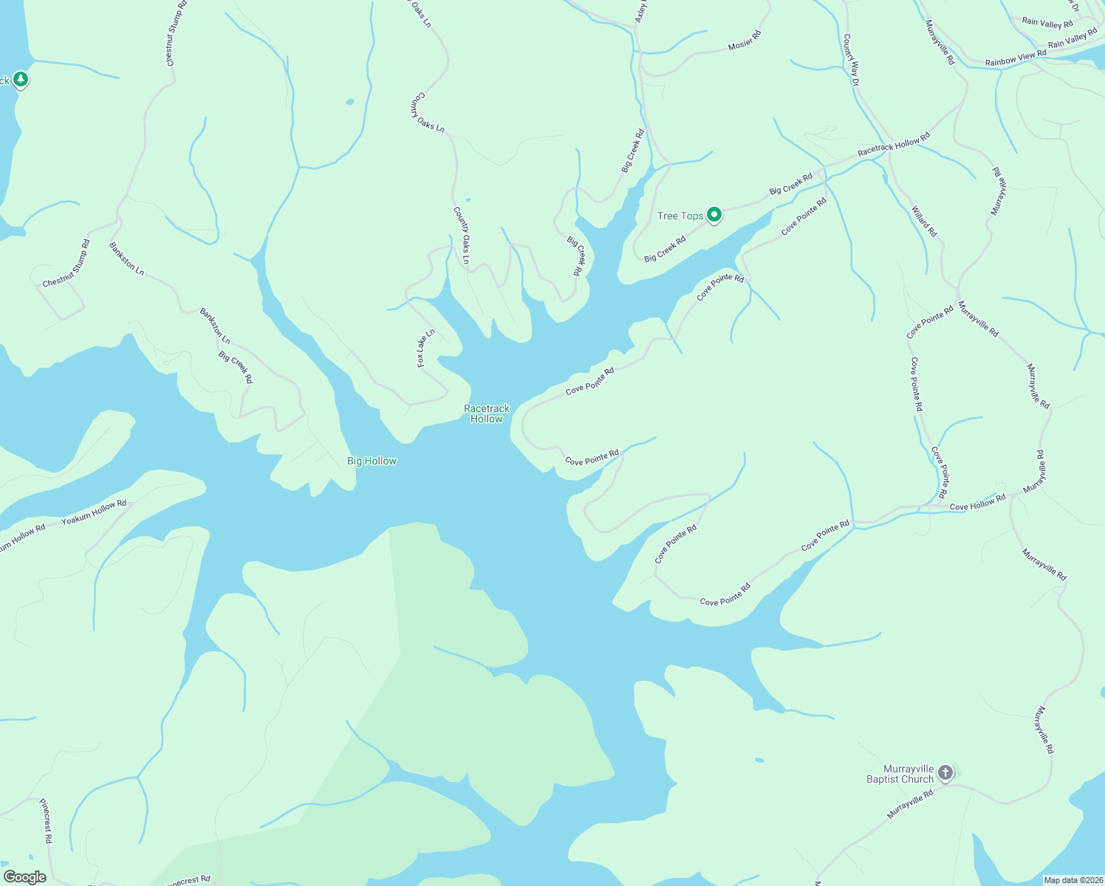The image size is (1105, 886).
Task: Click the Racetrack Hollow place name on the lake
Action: [487, 413]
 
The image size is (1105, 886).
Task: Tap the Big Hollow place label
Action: [372, 461]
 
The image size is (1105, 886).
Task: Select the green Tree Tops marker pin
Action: [714, 215]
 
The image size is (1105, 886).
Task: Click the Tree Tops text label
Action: [680, 216]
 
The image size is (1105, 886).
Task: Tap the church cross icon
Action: [945, 773]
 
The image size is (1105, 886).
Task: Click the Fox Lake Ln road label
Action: [425, 348]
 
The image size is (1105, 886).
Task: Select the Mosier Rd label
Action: [745, 41]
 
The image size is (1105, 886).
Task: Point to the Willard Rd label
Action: [924, 221]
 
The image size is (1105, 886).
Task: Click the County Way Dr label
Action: [851, 61]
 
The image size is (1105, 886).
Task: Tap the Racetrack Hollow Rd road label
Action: [894, 144]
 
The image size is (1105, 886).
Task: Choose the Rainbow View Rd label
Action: [1016, 58]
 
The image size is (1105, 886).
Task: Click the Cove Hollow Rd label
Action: [977, 503]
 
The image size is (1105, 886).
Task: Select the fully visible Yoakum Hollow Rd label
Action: [94, 512]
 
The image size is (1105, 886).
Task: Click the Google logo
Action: [24, 877]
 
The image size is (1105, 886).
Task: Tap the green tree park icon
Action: [21, 79]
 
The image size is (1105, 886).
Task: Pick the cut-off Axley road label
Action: [641, 11]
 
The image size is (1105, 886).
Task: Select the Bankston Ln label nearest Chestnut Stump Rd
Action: [126, 258]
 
